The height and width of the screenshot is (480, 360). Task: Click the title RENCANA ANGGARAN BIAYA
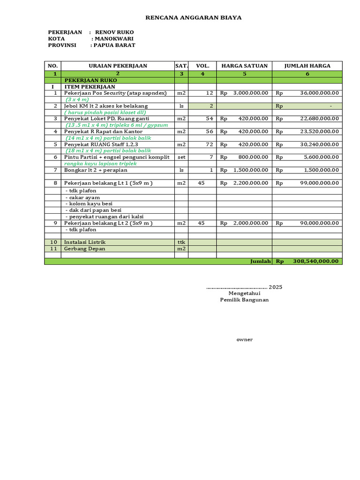coord(194,18)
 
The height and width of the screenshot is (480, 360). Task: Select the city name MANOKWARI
coord(114,38)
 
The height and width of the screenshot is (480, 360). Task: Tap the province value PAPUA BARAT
coord(114,45)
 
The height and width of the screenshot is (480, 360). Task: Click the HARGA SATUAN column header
coord(244,66)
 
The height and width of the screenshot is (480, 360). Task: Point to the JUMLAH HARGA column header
coord(307,66)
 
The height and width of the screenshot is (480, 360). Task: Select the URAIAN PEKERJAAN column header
coord(118,66)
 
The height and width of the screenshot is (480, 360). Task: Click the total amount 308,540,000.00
coord(315,261)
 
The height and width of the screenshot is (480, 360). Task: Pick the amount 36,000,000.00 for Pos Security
coord(319,93)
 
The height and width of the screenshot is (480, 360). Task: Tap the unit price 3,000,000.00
coord(251,93)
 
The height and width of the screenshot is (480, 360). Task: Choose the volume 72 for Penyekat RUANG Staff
coord(209,144)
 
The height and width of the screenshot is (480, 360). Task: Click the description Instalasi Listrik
coord(85,242)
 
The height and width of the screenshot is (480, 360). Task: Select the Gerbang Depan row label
coord(84,248)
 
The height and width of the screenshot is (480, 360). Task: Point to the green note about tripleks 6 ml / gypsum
coord(116,125)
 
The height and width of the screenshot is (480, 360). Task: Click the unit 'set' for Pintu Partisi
coord(181,157)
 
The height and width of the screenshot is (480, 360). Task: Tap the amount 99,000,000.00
coord(319,183)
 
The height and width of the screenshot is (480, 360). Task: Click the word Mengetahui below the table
coord(244,293)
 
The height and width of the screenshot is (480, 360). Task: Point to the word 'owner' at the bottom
coord(244,339)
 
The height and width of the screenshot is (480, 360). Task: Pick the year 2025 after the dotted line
coord(276,287)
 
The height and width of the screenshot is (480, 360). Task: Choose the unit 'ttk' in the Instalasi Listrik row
coord(181,242)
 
